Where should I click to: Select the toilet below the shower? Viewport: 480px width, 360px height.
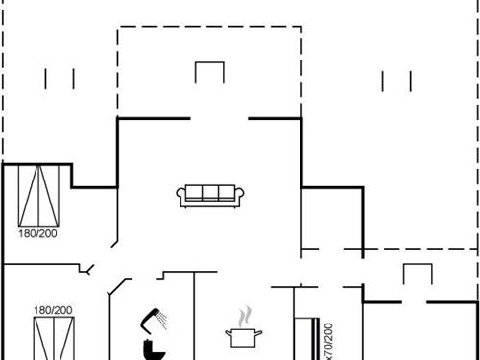tap(151, 348)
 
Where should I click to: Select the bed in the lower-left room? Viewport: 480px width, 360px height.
tap(53, 339)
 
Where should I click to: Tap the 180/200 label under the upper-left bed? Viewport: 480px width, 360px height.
tap(37, 233)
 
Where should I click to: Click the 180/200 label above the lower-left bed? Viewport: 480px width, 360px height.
tap(53, 310)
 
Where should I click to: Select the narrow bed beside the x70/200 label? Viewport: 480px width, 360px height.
tap(306, 338)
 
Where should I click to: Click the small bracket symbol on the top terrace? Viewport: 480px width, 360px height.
tap(208, 73)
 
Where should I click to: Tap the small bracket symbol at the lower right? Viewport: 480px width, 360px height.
tap(417, 275)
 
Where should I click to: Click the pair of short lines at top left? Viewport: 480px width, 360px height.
tap(60, 79)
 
